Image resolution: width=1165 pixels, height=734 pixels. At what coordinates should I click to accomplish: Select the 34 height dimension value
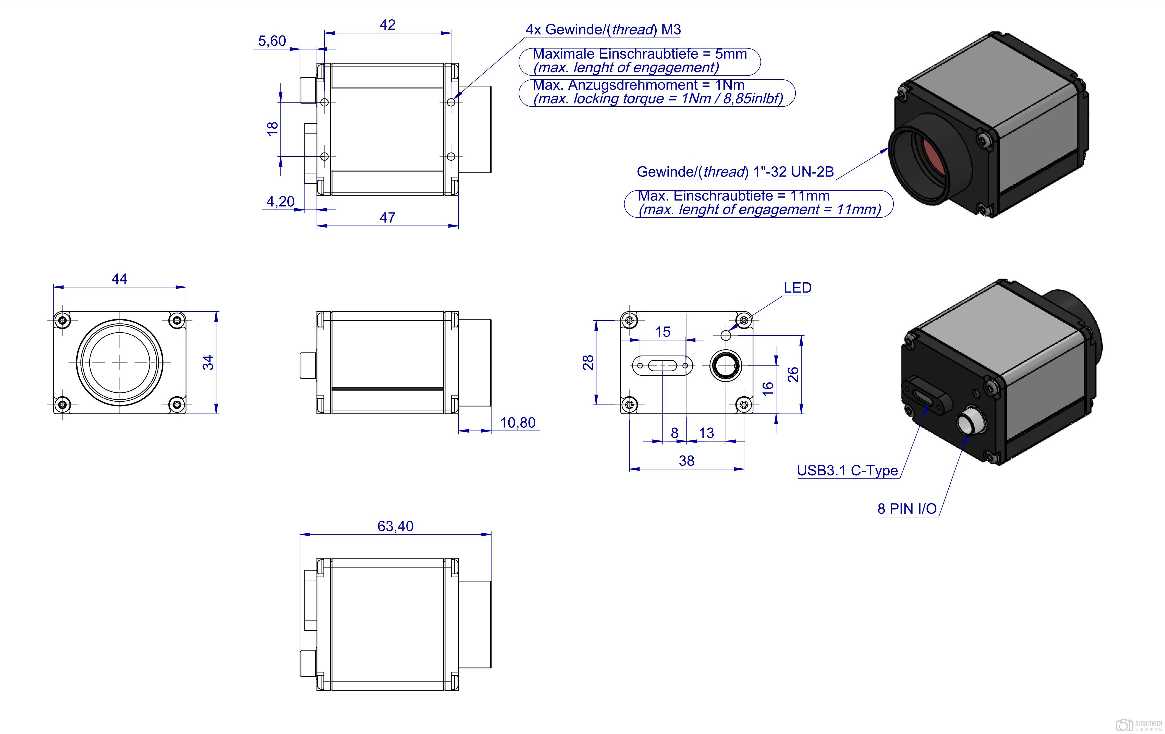(208, 362)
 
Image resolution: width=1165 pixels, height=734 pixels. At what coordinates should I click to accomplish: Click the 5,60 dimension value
(272, 41)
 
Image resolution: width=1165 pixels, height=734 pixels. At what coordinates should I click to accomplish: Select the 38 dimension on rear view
(686, 461)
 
